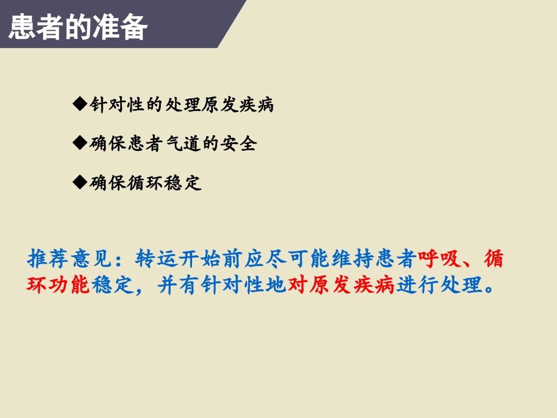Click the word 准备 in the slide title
119,27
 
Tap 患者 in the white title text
35,27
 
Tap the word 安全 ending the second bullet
238,144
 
